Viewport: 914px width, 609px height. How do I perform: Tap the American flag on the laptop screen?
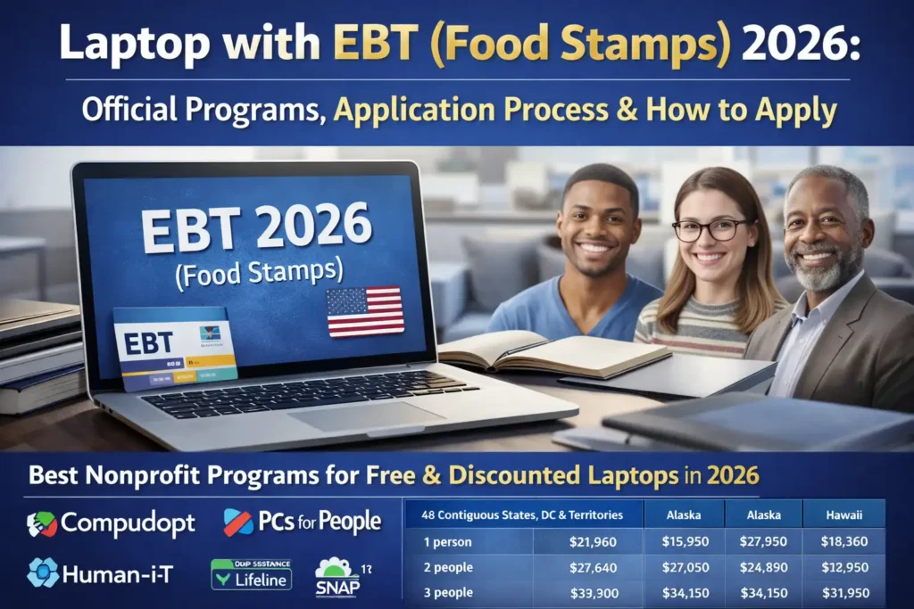pyautogui.click(x=365, y=311)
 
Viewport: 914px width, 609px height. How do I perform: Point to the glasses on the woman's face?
pyautogui.click(x=709, y=230)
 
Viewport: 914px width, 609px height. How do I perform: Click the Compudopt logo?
pyautogui.click(x=111, y=523)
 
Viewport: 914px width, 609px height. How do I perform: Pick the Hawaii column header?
pyautogui.click(x=843, y=514)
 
